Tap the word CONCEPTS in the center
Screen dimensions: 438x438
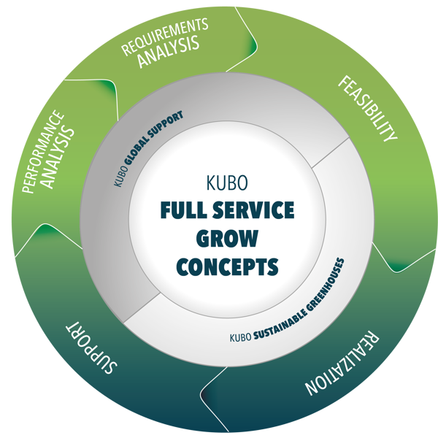click(x=228, y=266)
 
